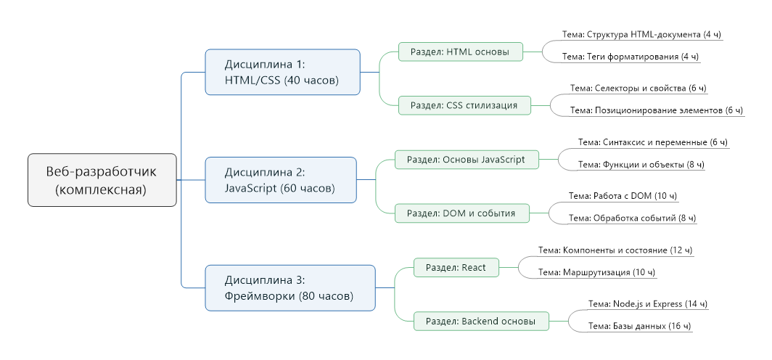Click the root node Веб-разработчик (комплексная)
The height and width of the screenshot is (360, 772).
(x=102, y=180)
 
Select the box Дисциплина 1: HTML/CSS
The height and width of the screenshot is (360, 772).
(x=282, y=72)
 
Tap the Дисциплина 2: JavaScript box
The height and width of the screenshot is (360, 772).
(x=280, y=180)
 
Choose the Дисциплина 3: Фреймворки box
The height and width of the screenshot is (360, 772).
(x=289, y=287)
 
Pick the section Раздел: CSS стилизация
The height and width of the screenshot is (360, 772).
(x=464, y=105)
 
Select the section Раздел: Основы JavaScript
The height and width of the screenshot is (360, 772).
(x=466, y=160)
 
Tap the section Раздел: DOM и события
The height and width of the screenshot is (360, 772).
(x=461, y=213)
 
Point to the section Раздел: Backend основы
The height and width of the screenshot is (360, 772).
(x=481, y=321)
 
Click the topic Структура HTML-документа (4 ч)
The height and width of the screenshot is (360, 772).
(x=642, y=34)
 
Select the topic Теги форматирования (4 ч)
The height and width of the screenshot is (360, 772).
(x=631, y=56)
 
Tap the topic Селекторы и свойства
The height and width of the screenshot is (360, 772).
(x=638, y=88)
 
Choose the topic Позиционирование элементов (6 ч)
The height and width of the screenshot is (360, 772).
(x=657, y=110)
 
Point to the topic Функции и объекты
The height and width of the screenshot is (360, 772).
(x=641, y=164)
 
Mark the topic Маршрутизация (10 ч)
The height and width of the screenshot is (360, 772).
(x=597, y=272)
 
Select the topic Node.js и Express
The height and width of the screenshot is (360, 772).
(x=647, y=304)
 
